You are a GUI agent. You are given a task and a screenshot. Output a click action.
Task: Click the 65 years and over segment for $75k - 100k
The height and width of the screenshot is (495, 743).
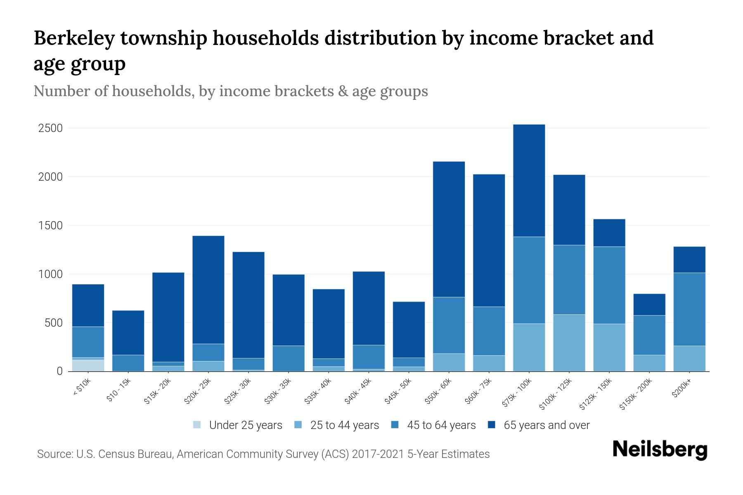click(x=529, y=181)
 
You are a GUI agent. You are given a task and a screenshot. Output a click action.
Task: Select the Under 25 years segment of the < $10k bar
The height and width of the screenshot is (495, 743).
click(x=88, y=365)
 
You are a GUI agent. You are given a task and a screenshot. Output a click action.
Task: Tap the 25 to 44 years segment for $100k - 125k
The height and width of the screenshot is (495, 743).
click(x=569, y=343)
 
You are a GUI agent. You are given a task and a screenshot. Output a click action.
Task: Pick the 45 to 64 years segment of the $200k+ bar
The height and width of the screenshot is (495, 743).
click(x=689, y=309)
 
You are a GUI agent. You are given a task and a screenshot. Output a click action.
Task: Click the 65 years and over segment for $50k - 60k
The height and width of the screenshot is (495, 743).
click(x=449, y=229)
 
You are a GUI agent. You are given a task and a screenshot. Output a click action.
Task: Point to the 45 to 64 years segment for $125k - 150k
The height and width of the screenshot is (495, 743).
click(x=609, y=285)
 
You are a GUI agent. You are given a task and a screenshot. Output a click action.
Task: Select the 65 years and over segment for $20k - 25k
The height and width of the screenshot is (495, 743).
click(x=208, y=290)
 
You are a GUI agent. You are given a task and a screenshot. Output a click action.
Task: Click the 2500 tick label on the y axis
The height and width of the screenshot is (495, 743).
click(x=50, y=128)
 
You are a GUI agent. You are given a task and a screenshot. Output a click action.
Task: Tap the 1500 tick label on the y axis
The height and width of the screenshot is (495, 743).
click(x=50, y=226)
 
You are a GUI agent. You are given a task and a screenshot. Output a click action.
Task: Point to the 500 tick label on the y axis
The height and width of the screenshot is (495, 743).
click(x=54, y=323)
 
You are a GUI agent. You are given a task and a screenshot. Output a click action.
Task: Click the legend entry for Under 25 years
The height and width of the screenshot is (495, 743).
click(x=245, y=425)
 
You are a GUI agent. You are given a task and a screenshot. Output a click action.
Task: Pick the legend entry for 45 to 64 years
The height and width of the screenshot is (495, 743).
click(x=441, y=425)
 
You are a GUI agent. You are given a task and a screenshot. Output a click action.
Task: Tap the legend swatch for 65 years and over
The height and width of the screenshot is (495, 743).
click(x=492, y=425)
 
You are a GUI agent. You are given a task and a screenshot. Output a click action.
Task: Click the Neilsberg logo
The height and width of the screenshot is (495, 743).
click(x=660, y=450)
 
